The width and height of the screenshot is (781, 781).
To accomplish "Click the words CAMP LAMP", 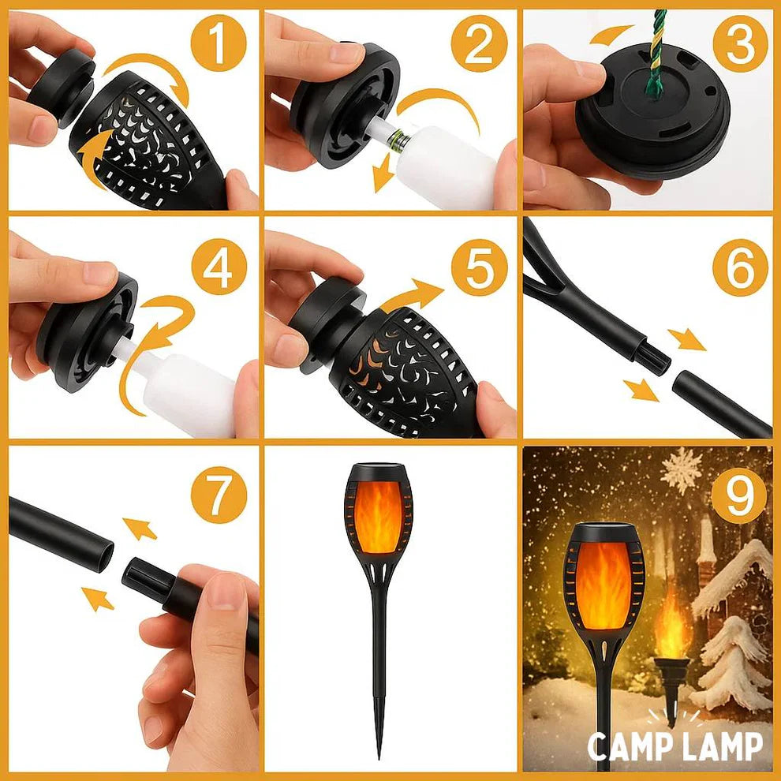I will (x=675, y=745).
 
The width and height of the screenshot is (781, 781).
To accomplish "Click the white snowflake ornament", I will (x=681, y=470).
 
